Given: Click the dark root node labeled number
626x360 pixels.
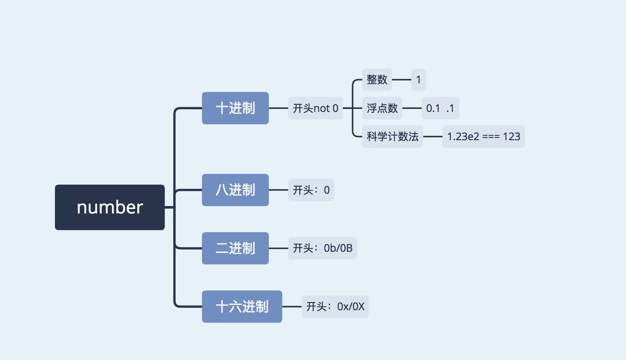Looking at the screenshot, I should click(110, 207).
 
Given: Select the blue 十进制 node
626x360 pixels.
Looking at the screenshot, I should click(235, 108).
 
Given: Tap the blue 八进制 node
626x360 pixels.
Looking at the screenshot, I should click(235, 190).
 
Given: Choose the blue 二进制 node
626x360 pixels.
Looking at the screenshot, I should click(235, 248).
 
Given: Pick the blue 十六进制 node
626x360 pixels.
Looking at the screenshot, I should click(242, 306).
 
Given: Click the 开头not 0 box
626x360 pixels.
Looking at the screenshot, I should click(315, 108).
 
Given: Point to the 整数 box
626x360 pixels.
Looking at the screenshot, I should click(377, 80).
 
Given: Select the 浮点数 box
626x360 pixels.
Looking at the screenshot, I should click(382, 108).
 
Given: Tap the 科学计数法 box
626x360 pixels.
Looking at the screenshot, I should click(393, 136).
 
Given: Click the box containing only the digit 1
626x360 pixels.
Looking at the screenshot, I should click(419, 80).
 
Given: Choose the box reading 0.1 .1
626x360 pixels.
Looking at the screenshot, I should click(440, 108).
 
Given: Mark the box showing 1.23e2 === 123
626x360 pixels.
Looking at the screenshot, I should click(483, 136).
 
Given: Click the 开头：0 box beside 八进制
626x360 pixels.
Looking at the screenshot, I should click(311, 190).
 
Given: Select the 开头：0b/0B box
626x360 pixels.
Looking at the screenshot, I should click(322, 248).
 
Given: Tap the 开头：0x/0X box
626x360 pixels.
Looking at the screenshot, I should click(335, 306).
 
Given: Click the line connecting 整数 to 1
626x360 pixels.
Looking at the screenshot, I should click(401, 80).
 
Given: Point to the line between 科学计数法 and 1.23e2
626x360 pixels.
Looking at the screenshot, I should click(433, 136).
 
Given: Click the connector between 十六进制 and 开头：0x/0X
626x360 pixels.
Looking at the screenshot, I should click(292, 306).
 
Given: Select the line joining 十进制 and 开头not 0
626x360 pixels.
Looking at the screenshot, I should click(278, 108).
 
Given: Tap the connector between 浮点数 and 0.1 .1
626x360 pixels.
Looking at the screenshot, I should click(412, 108).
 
